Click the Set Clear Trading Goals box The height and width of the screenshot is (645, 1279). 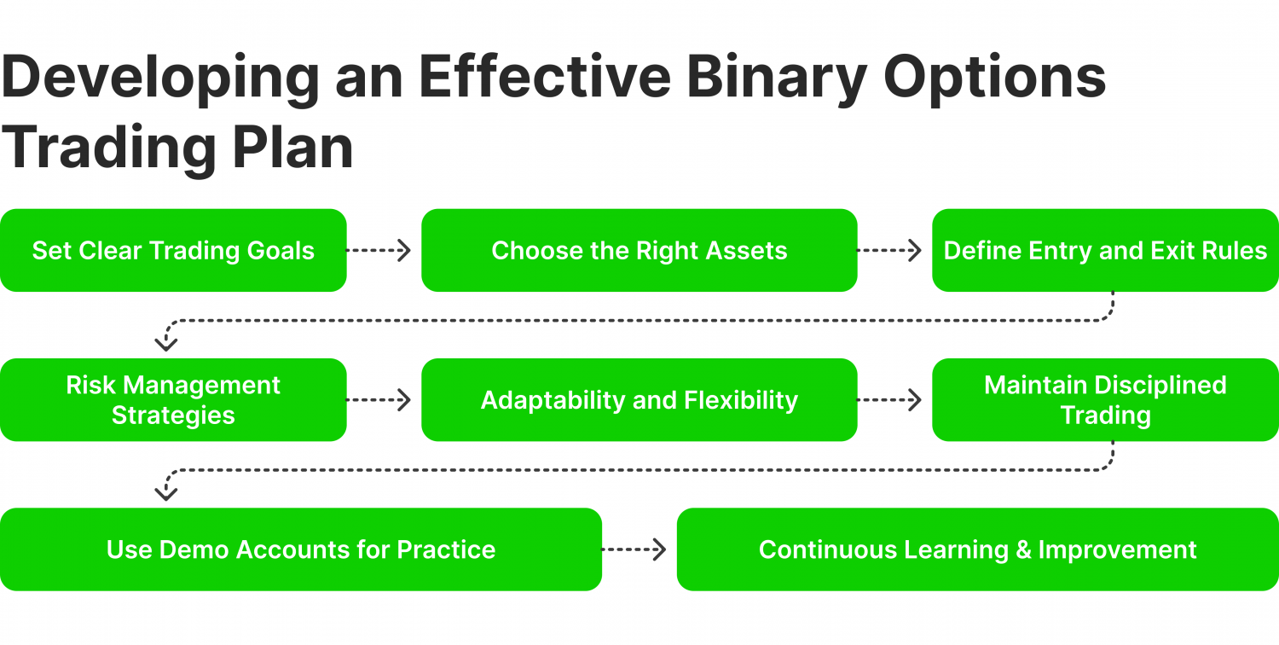[173, 251]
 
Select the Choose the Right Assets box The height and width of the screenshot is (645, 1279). [639, 251]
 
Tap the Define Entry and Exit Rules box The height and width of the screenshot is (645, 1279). [1105, 251]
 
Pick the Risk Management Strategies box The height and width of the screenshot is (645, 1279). [173, 400]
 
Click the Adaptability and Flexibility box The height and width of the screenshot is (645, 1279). [639, 400]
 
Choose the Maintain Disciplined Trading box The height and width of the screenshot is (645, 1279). [1105, 400]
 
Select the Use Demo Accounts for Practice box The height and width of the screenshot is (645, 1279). [300, 549]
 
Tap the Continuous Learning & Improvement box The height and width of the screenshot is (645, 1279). [977, 549]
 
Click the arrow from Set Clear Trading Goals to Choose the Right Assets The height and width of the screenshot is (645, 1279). [379, 251]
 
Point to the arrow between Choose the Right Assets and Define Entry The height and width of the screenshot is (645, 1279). [890, 251]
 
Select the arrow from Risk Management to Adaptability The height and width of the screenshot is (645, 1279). [379, 400]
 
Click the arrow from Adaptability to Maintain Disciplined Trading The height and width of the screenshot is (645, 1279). [890, 400]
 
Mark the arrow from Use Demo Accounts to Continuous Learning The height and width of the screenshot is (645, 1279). [634, 549]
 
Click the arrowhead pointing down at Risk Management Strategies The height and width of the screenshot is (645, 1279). [165, 343]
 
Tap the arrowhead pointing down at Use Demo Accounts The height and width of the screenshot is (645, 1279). [165, 492]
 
